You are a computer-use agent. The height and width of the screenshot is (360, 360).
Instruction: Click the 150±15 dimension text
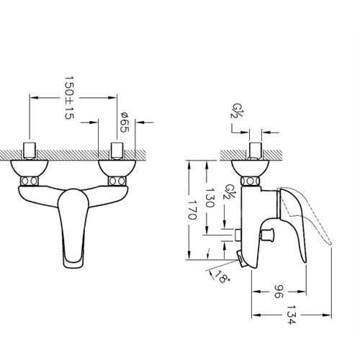pyautogui.click(x=69, y=98)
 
